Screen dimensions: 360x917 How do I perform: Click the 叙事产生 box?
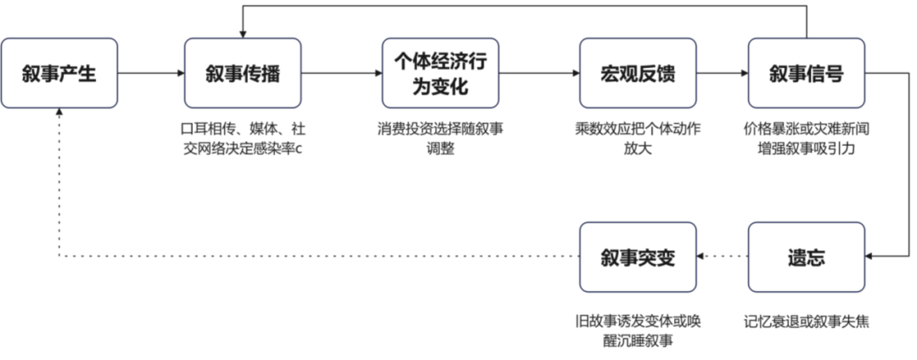(x=59, y=73)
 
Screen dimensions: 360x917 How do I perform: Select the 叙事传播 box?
(x=243, y=73)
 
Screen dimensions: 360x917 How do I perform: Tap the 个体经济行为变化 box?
(x=440, y=73)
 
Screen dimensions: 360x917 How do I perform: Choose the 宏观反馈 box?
(x=638, y=73)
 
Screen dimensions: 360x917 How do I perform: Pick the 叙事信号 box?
(x=806, y=73)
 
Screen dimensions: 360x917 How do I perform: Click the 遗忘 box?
(x=806, y=257)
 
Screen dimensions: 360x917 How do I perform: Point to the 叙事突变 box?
(x=638, y=257)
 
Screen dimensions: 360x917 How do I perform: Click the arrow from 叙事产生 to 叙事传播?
(x=151, y=74)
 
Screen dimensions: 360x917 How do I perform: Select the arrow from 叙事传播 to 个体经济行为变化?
(x=341, y=74)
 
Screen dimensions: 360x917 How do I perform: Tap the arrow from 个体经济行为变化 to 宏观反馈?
(x=538, y=74)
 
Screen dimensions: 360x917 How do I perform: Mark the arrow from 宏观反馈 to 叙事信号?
(x=722, y=74)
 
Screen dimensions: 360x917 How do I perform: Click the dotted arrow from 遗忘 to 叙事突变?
(x=722, y=257)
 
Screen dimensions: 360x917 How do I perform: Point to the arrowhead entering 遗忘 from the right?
(x=869, y=257)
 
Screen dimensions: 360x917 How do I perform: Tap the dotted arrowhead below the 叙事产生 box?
(x=59, y=113)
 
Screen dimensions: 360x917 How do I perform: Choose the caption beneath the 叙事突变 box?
(x=638, y=330)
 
